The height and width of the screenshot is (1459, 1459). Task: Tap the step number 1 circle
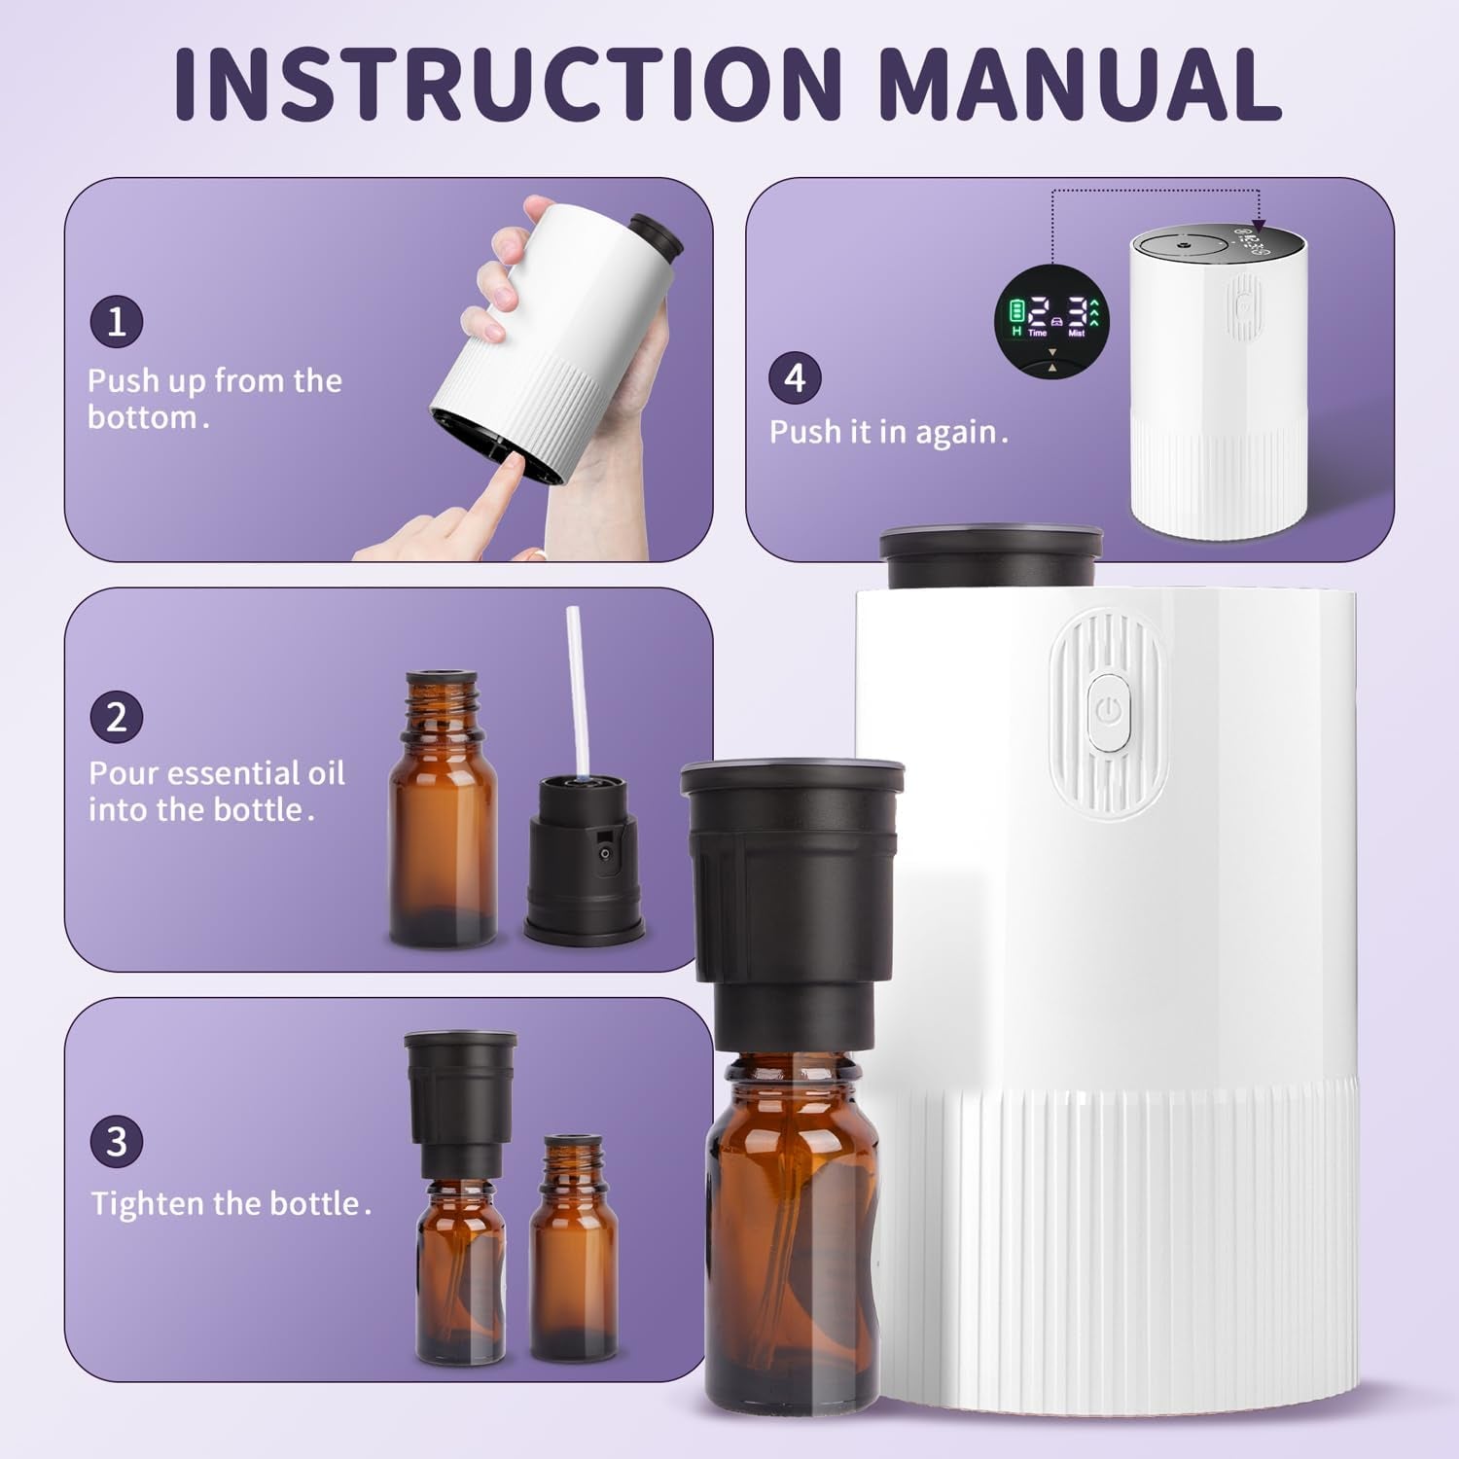coord(117,322)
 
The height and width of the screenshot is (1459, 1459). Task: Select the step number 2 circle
coord(117,717)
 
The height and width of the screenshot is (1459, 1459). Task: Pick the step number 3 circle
coord(117,1141)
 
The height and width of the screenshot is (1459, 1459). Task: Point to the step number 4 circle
coord(796,377)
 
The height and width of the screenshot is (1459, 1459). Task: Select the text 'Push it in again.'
coord(888,432)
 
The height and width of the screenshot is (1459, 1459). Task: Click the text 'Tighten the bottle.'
coord(231,1204)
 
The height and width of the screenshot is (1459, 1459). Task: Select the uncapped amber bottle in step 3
coord(574,1255)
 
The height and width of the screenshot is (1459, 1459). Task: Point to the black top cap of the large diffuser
coord(990,557)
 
